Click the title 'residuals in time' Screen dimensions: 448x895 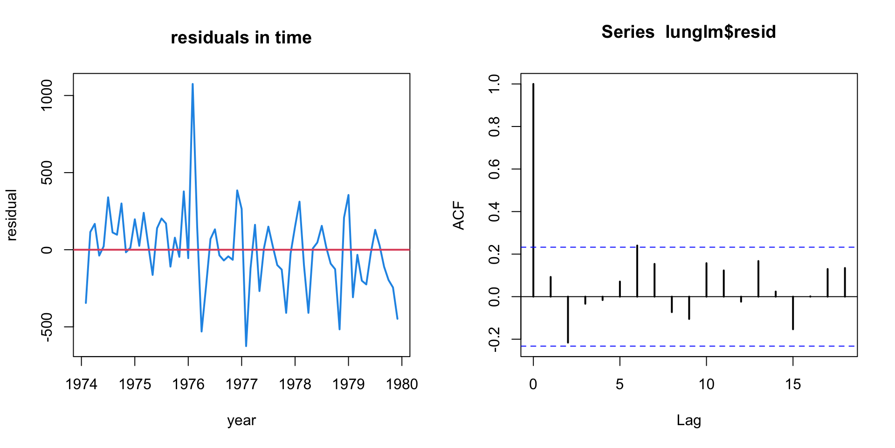coord(241,38)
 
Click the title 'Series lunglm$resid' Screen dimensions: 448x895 coord(688,32)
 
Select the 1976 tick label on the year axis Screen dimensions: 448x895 coord(188,384)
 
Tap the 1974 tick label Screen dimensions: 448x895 coord(82,384)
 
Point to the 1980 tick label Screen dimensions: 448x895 coord(402,384)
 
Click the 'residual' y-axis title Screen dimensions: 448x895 coord(11,215)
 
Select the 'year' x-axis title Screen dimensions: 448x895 coord(241,420)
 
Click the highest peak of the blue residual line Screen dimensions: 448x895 coord(193,84)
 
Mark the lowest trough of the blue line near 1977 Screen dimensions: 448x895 coord(246,345)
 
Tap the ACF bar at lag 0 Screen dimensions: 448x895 coord(533,187)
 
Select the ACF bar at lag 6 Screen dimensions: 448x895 coord(637,271)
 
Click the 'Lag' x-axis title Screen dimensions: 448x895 coord(688,420)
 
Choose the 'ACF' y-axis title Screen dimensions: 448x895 coord(459,215)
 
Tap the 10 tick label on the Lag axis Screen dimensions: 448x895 coord(706,384)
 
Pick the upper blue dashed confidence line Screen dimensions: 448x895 coord(746,247)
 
